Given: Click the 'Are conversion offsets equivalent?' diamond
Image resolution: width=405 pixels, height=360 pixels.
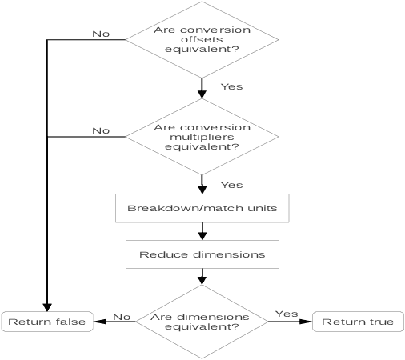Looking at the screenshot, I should pos(202,39).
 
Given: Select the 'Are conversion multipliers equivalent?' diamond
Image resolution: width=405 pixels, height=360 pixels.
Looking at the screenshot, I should pos(202,137).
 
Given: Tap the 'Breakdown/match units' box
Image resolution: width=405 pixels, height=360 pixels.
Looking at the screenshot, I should pos(202,208).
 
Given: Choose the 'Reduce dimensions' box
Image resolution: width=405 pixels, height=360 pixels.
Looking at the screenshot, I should pos(202,254).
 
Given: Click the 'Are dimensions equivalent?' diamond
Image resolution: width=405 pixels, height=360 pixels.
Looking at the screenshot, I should pos(202,322).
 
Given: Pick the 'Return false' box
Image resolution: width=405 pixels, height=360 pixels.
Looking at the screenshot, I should pos(46,322).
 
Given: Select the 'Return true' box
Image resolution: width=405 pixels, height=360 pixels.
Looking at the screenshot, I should pos(357,322).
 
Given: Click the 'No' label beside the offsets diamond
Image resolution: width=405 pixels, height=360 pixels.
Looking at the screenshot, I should pos(101,34).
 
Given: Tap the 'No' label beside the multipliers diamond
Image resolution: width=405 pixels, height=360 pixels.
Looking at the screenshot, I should pos(101,130).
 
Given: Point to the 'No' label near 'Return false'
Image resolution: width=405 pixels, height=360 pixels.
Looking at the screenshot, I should pos(122,317).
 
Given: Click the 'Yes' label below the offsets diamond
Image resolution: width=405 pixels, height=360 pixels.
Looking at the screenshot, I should pos(231,86).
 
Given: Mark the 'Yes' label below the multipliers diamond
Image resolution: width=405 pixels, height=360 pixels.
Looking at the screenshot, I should pos(231,185).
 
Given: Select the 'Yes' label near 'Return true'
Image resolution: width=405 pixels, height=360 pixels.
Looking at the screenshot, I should pos(287,314).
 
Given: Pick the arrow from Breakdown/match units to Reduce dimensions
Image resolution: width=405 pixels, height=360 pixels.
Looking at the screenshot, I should pos(202,231).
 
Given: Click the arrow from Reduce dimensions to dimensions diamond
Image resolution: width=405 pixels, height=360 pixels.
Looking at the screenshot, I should pos(202,277).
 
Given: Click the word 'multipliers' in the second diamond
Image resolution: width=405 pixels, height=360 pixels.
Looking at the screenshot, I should pos(202,137).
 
